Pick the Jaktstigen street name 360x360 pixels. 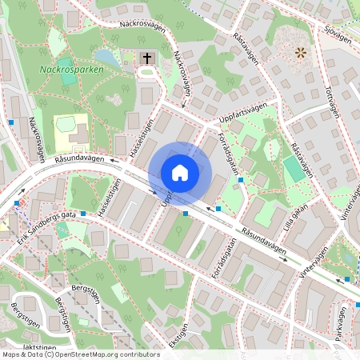[x=39, y=347]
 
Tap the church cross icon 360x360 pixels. [x=146, y=58]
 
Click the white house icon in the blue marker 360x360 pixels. [x=179, y=172]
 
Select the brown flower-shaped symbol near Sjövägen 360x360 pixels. [x=300, y=53]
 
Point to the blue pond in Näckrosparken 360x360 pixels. [x=105, y=58]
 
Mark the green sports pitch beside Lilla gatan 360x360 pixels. [x=294, y=170]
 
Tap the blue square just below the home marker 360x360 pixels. [x=186, y=213]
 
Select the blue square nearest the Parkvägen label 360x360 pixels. [x=347, y=279]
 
